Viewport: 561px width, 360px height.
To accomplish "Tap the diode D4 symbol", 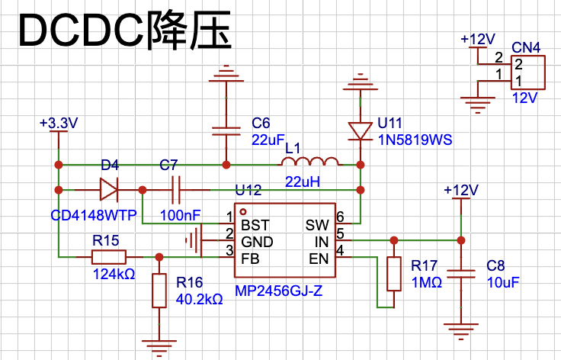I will pyautogui.click(x=108, y=188).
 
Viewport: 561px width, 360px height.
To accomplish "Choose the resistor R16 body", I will pyautogui.click(x=159, y=291).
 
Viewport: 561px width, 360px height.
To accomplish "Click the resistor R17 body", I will pyautogui.click(x=393, y=274).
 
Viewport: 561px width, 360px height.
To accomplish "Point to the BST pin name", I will pyautogui.click(x=254, y=226).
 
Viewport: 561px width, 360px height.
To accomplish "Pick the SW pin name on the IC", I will pyautogui.click(x=316, y=226).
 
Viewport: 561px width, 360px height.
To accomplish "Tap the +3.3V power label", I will pyautogui.click(x=58, y=123).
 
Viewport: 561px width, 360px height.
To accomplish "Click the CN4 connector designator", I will pyautogui.click(x=526, y=48).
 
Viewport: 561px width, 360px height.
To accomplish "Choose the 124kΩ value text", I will pyautogui.click(x=114, y=274).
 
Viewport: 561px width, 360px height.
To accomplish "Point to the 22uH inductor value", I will pyautogui.click(x=303, y=182).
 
